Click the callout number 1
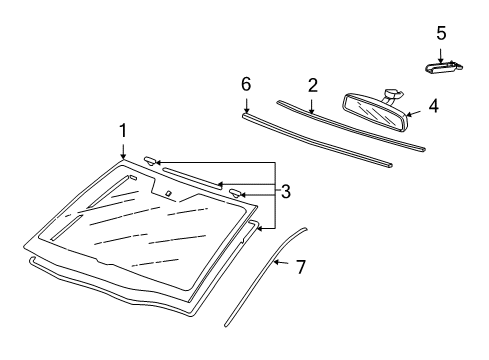(123, 131)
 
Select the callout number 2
(313, 85)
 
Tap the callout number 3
(286, 192)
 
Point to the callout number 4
(434, 106)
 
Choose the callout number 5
(441, 33)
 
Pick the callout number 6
(246, 84)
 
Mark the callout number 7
(301, 267)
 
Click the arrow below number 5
(441, 56)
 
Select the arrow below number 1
(123, 151)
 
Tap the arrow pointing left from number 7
(281, 262)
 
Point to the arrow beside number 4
(414, 114)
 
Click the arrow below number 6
(246, 105)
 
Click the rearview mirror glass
(375, 112)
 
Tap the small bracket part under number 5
(443, 67)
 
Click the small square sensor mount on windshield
(168, 193)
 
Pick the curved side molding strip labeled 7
(265, 277)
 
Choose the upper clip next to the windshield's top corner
(150, 161)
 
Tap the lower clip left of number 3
(236, 193)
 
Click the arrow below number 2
(311, 106)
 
